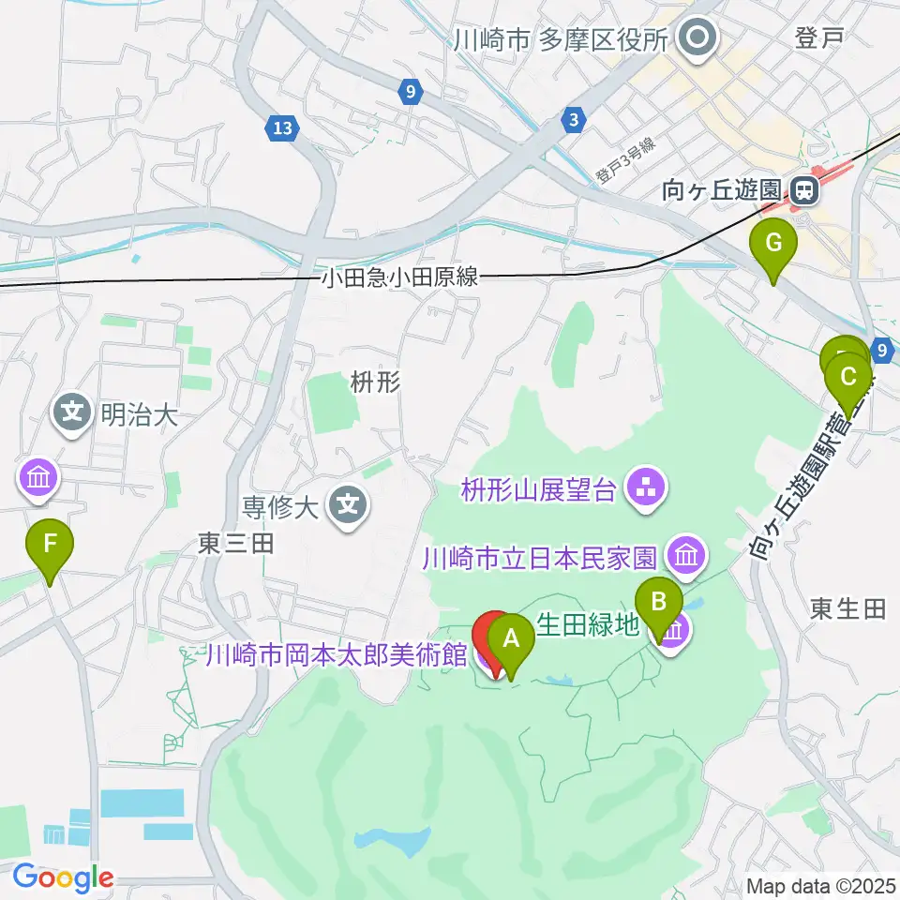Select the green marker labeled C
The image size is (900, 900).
[x=848, y=379]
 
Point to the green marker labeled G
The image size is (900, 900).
[x=773, y=245]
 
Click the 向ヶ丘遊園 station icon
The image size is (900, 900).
[x=802, y=191]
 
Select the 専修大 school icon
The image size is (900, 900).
[x=348, y=507]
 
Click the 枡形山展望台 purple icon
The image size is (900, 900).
[x=644, y=487]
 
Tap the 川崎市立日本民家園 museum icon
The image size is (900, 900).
[x=686, y=557]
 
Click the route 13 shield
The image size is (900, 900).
[x=282, y=127]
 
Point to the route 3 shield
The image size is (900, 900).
[x=573, y=118]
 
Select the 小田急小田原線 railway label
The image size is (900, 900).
[x=399, y=277]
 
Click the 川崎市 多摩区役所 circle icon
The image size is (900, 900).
[x=698, y=39]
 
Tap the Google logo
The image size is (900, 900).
[x=62, y=877]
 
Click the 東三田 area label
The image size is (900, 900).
[x=234, y=544]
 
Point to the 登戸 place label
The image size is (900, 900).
[x=819, y=37]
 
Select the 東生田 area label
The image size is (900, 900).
[x=847, y=609]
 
